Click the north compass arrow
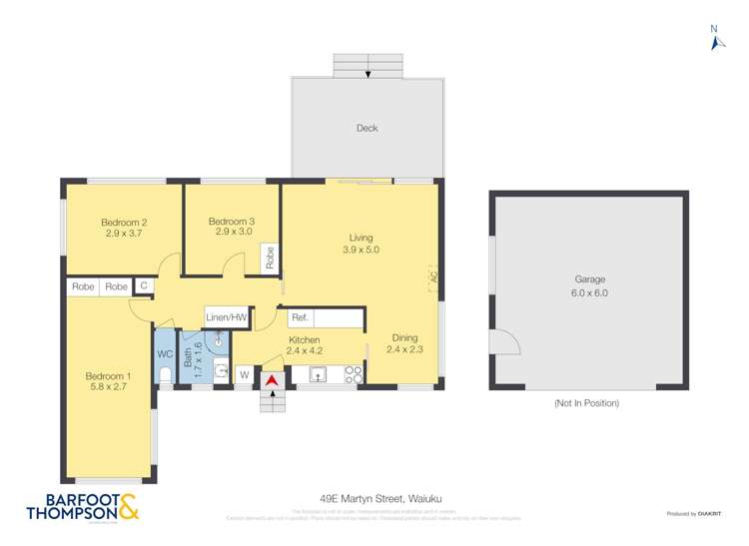pyautogui.click(x=714, y=40)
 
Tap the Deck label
pyautogui.click(x=367, y=128)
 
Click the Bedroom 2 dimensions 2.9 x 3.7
pyautogui.click(x=125, y=234)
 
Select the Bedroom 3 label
pyautogui.click(x=232, y=222)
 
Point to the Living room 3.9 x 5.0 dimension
pyautogui.click(x=361, y=250)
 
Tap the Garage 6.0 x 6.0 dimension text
pyautogui.click(x=589, y=293)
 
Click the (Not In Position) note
pyautogui.click(x=586, y=403)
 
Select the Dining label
pyautogui.click(x=404, y=337)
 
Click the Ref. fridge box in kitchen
pyautogui.click(x=300, y=318)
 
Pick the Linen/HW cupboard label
pyautogui.click(x=226, y=317)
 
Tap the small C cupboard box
pyautogui.click(x=144, y=286)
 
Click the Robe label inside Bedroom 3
pyautogui.click(x=270, y=259)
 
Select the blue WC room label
pyautogui.click(x=165, y=353)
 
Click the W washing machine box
pyautogui.click(x=243, y=375)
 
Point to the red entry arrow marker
pyautogui.click(x=271, y=379)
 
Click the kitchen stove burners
pyautogui.click(x=354, y=374)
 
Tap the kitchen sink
pyautogui.click(x=319, y=375)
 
